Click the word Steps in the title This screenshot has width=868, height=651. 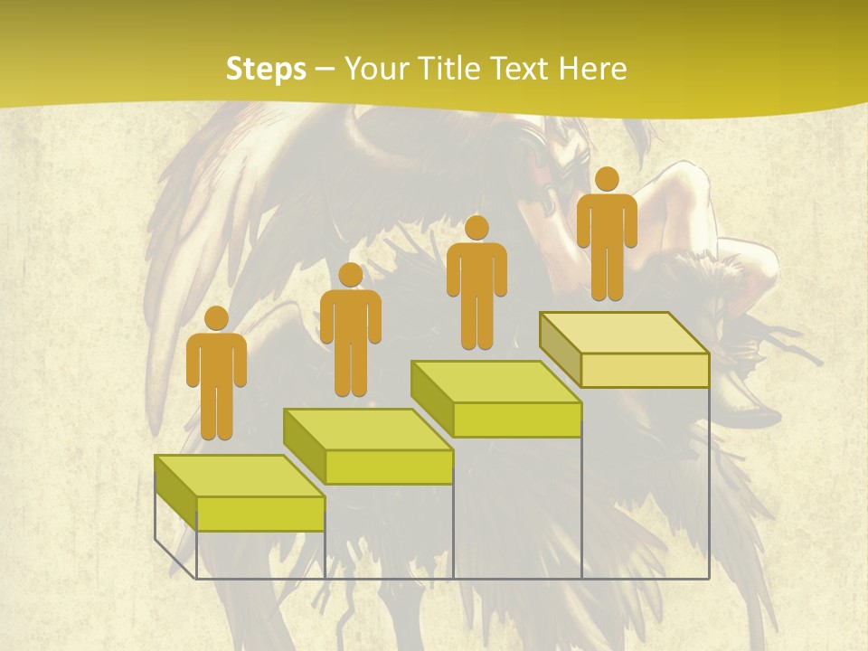coord(266,69)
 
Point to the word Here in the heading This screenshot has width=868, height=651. coord(593,69)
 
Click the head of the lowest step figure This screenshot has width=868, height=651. coord(216,318)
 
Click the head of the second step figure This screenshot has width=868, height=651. coord(350,275)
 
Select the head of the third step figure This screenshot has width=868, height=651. coord(476,227)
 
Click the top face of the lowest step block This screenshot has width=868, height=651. coord(240,476)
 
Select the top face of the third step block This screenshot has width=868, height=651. coord(495,382)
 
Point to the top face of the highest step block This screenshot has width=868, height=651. coord(624,333)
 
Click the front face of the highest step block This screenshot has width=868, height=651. coord(645,371)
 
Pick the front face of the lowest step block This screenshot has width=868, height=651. coord(260,514)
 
